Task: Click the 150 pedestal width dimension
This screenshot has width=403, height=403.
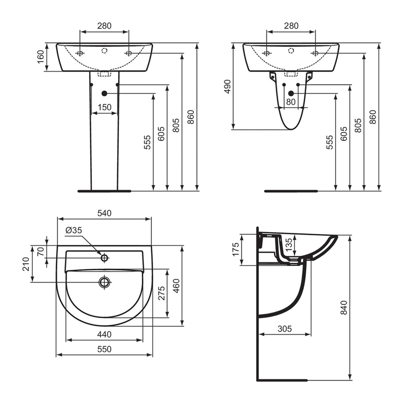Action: coord(104,107)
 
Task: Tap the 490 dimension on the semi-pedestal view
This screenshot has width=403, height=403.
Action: coord(228,86)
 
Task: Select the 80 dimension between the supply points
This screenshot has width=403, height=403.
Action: coord(291,101)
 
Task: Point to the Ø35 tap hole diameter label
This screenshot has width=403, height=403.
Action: coord(74,230)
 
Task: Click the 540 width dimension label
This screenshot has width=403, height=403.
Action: coord(104,213)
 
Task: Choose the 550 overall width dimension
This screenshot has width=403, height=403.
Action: coord(104,349)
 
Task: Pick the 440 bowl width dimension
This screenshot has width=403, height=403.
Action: coord(104,334)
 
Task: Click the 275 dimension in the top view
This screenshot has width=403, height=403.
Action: coord(161,294)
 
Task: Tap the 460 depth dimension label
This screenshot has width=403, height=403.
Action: coord(176,286)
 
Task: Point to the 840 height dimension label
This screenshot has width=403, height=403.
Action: coord(344,308)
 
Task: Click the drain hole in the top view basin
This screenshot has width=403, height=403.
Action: coord(104,283)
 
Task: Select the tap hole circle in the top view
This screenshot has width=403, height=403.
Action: coord(104,258)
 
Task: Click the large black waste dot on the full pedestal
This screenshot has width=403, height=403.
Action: coord(104,93)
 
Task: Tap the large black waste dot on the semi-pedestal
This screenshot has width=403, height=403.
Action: coord(291,93)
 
